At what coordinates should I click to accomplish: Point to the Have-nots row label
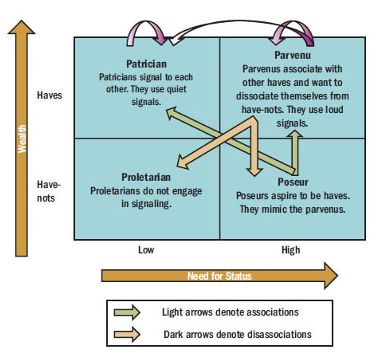48,191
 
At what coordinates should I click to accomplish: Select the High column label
290,249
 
